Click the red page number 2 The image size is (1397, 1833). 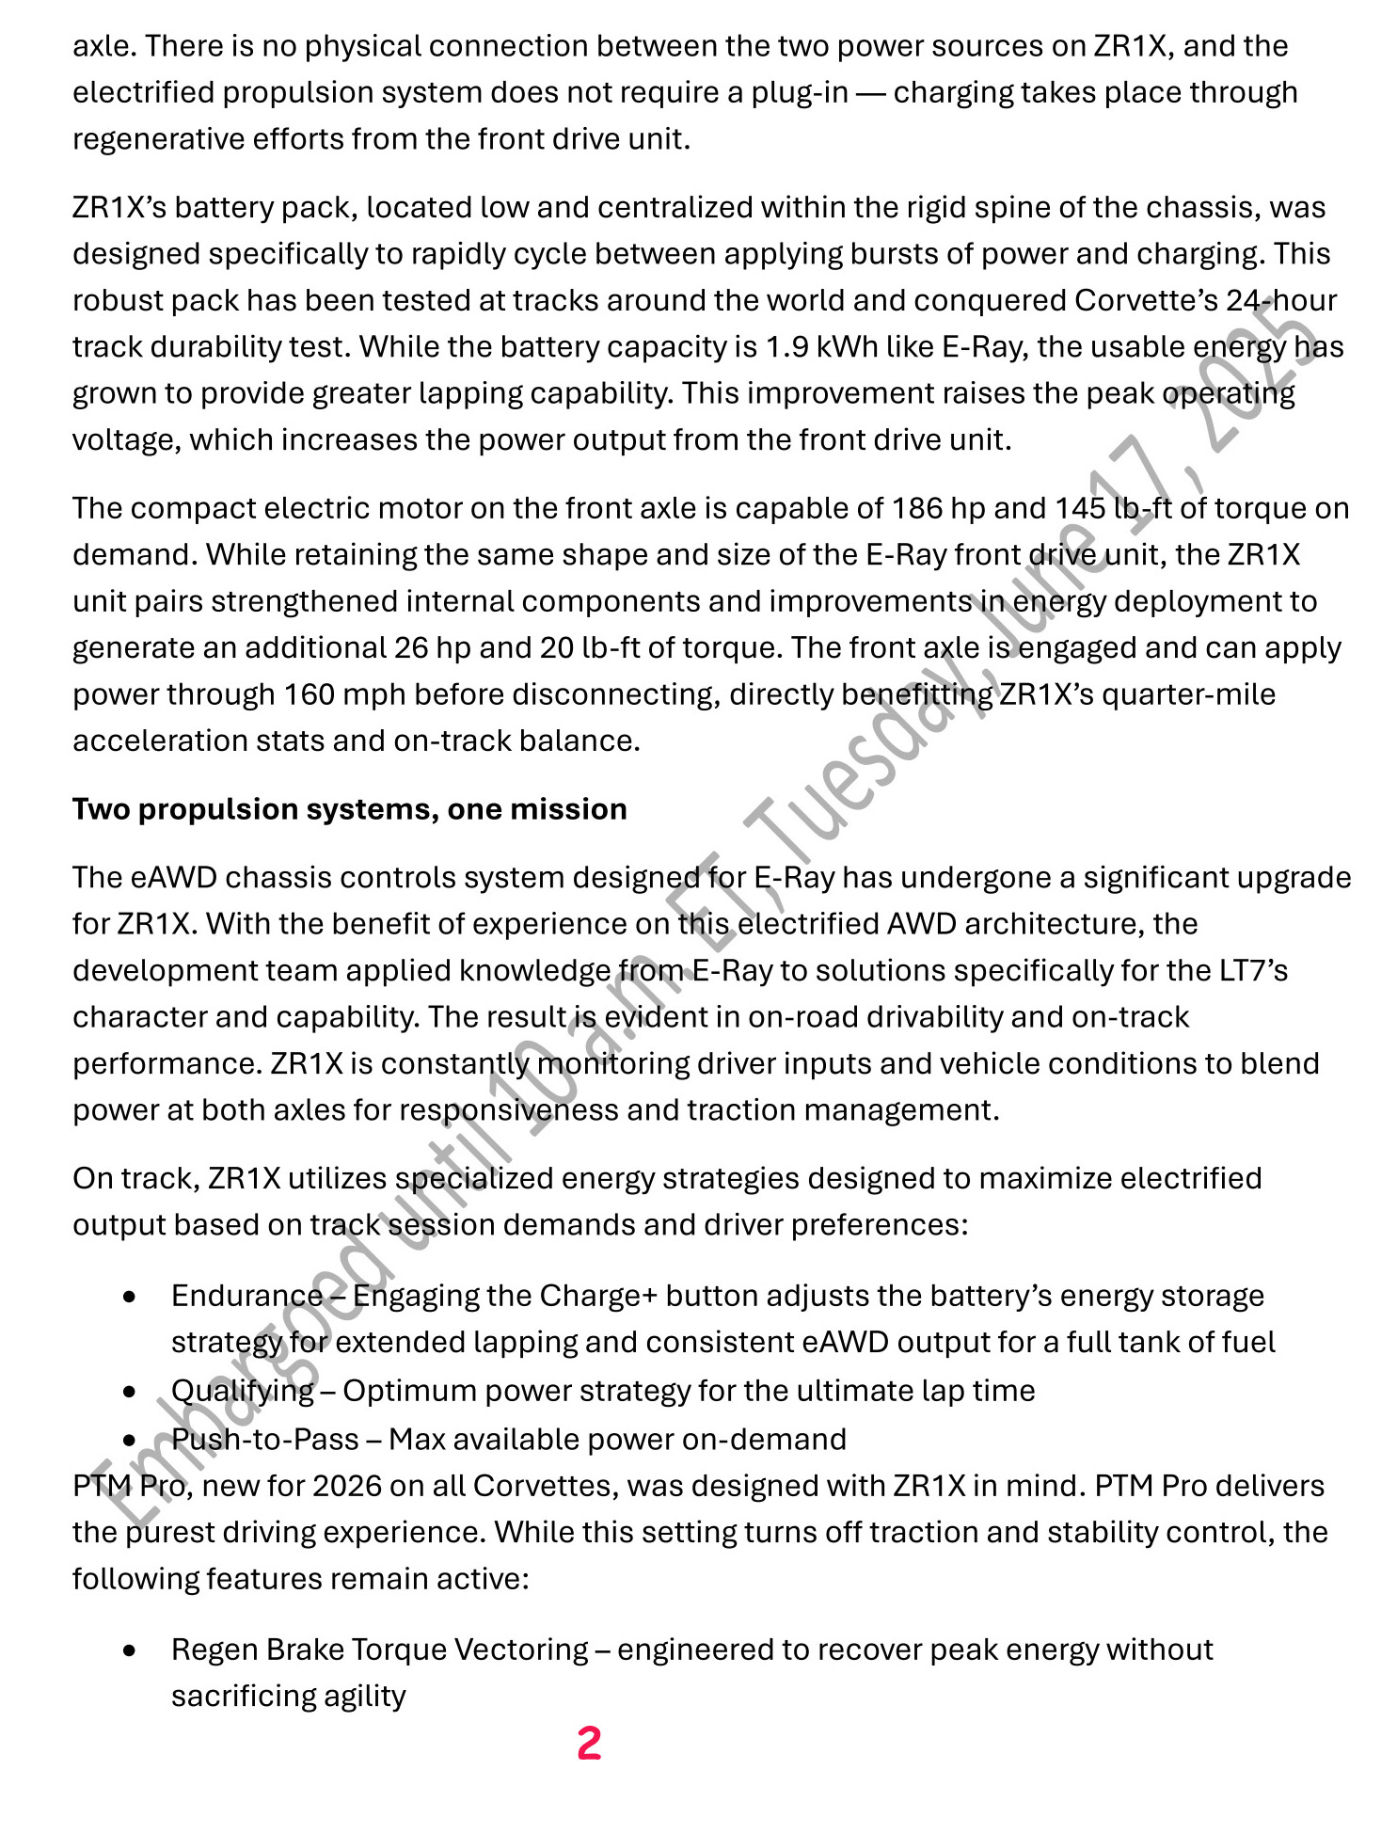click(589, 1743)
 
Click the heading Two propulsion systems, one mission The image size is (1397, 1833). click(349, 809)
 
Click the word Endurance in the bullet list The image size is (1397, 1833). click(246, 1296)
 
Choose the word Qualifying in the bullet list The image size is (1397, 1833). click(242, 1391)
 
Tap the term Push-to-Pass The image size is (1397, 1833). click(264, 1439)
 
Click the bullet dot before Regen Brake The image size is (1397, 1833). click(130, 1650)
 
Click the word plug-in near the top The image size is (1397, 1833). click(799, 93)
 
